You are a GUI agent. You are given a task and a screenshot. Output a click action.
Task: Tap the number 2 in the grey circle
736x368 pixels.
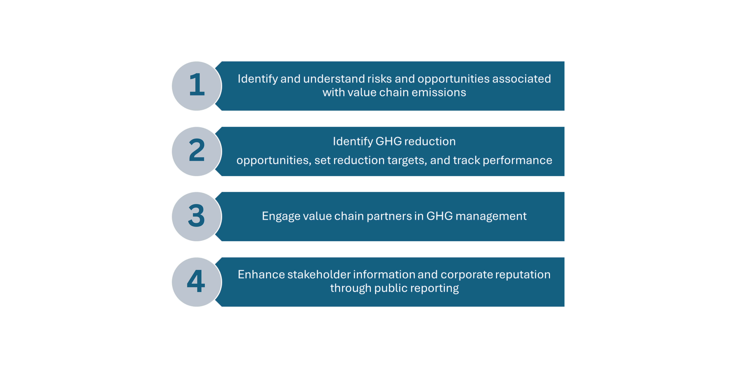[197, 150]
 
